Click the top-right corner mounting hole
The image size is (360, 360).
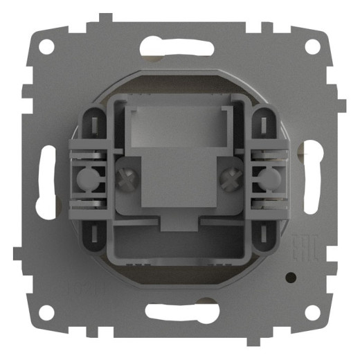pyautogui.click(x=313, y=47)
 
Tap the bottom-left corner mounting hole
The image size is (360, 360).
pyautogui.click(x=46, y=313)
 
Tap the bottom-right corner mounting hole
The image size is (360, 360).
pyautogui.click(x=313, y=313)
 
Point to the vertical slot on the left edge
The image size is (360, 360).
pyautogui.click(x=48, y=181)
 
